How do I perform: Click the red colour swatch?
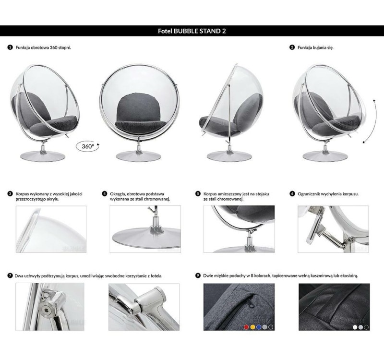pos(246,327)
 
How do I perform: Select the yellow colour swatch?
pos(252,327)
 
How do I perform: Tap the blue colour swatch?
pos(259,327)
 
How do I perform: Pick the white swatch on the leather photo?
pos(355,327)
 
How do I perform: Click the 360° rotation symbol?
pos(88,146)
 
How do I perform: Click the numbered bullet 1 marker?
pos(10,47)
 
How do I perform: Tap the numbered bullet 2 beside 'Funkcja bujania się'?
pos(292,47)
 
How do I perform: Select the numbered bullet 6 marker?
pos(292,194)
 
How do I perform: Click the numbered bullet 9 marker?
pos(198,276)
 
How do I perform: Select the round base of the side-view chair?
pos(229,156)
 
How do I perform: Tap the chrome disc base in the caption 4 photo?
pos(146,237)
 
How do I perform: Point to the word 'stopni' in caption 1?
pos(64,48)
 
